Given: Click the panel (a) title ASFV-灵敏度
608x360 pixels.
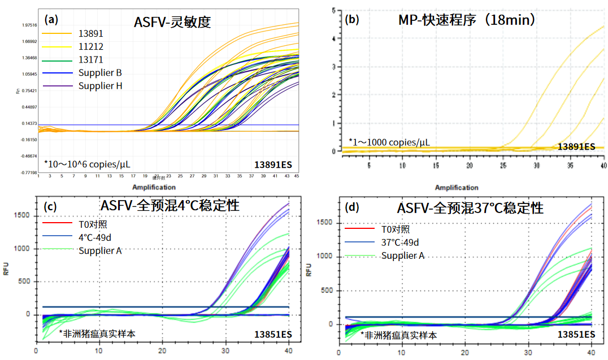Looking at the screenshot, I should tap(172, 23).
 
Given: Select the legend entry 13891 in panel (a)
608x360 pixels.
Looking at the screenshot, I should tap(90, 33).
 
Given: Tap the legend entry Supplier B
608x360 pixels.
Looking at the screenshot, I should tap(100, 72).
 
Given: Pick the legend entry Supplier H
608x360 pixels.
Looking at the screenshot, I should tap(100, 86).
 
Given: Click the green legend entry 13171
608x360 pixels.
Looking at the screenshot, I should tap(90, 59).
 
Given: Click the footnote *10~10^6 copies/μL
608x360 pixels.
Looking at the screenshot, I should tap(87, 164).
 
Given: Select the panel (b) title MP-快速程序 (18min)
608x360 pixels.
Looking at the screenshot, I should tap(467, 20).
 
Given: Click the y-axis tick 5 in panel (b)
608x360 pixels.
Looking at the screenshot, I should tap(334, 10).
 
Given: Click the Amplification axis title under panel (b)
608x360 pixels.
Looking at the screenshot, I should tap(457, 188).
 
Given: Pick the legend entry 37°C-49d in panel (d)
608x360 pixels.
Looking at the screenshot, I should tap(400, 242).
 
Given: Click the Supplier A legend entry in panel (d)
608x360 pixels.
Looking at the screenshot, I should tap(402, 256).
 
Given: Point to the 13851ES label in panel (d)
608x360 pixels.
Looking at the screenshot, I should tap(576, 335).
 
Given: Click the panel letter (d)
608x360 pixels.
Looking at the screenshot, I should tap(352, 208).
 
